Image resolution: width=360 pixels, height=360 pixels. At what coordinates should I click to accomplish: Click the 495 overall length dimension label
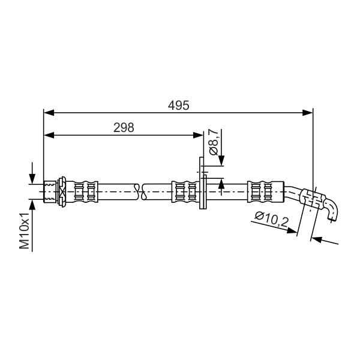point(178,106)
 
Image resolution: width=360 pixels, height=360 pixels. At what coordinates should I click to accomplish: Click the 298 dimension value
point(124,127)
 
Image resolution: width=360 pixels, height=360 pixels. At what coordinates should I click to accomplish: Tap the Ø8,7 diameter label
point(213,142)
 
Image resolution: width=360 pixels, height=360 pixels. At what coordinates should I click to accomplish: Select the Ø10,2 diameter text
point(271,219)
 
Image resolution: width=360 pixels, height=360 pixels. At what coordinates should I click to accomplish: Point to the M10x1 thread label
point(24,231)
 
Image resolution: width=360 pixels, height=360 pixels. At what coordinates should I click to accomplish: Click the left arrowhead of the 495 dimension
point(49,113)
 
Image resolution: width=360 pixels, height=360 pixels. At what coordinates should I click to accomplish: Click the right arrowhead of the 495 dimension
point(307,113)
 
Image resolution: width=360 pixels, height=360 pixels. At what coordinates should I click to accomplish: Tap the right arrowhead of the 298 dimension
point(198,135)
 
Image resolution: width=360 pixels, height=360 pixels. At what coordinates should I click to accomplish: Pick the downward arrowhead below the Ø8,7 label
point(221,160)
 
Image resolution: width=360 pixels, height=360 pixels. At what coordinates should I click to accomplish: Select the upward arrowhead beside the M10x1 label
point(32,205)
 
